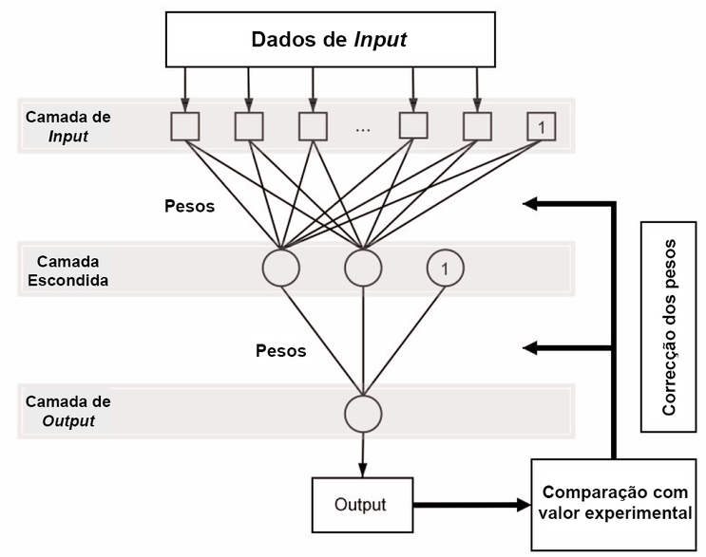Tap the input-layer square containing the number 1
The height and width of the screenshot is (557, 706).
point(541,126)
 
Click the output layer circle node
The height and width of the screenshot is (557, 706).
point(362,414)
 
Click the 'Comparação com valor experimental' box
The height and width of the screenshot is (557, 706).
point(616,503)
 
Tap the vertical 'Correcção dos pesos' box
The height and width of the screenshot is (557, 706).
point(669,327)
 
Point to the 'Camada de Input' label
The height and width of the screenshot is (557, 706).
point(67,127)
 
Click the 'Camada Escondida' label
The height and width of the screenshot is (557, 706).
point(66,269)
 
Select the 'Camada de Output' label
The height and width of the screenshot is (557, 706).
point(67,412)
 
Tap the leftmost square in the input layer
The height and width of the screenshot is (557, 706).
point(184,126)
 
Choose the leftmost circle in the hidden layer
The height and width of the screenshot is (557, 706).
point(280,268)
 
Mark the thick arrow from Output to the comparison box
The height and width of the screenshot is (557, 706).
point(469,505)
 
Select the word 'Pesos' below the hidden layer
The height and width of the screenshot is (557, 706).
point(281,350)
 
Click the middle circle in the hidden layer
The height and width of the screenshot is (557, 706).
point(362,268)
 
